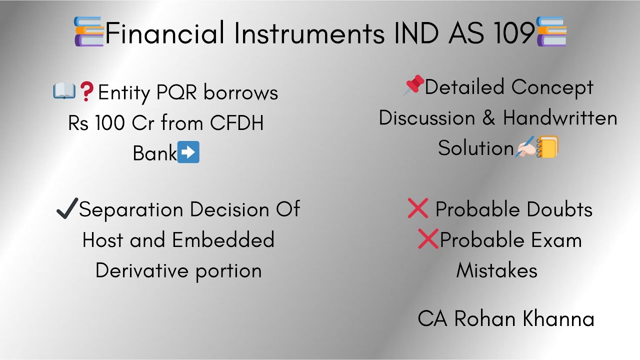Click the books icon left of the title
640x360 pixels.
click(89, 31)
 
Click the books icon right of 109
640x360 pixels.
click(551, 31)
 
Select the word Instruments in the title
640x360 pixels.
click(307, 33)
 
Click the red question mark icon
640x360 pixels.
click(87, 92)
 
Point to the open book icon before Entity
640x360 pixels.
click(64, 91)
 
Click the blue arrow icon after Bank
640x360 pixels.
click(189, 152)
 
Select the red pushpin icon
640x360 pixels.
click(413, 86)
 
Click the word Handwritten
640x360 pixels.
click(560, 118)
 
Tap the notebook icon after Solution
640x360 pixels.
click(547, 147)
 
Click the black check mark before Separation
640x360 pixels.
click(67, 208)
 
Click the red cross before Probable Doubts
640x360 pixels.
click(417, 209)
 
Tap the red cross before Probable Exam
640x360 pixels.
click(428, 239)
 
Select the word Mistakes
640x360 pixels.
click(496, 270)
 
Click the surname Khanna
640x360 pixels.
click(558, 319)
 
